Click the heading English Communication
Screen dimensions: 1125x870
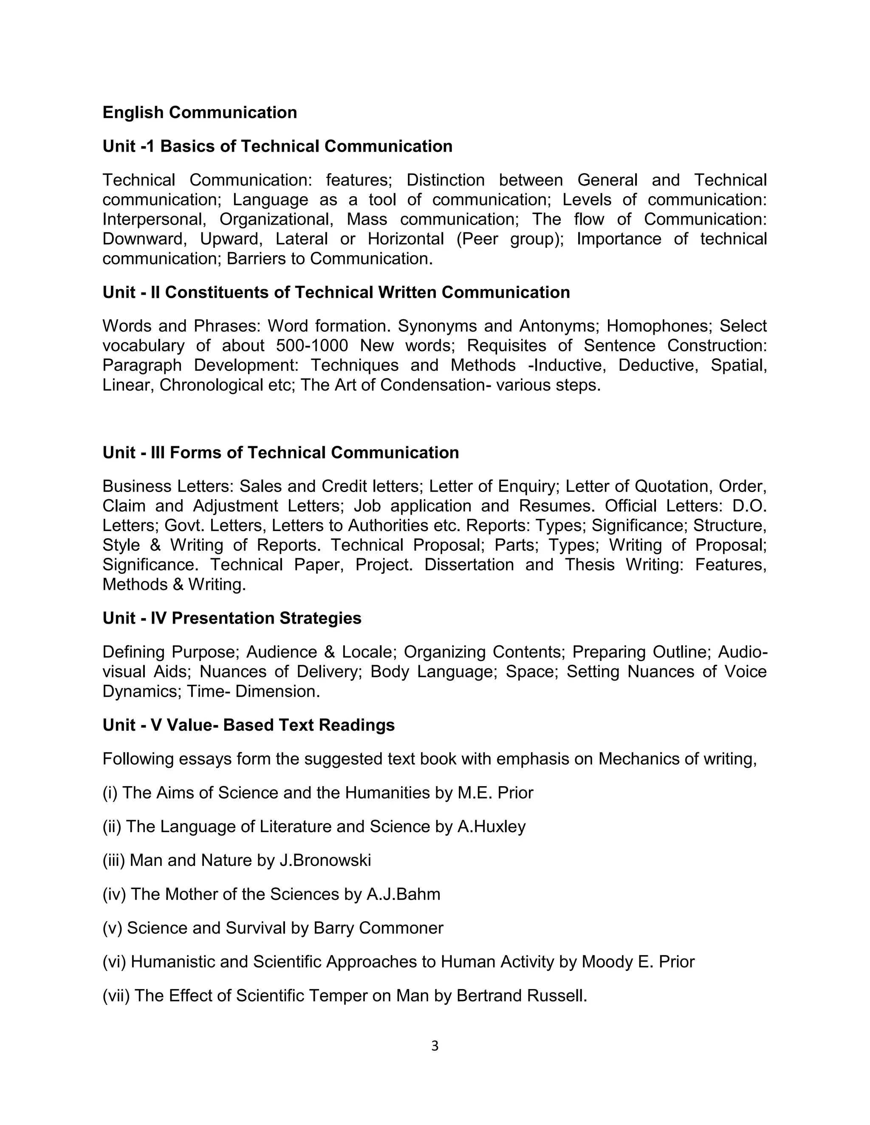tap(200, 112)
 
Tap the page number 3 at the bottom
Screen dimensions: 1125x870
tap(435, 1046)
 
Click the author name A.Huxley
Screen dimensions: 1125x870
tap(491, 827)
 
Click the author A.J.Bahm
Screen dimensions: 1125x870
tap(403, 894)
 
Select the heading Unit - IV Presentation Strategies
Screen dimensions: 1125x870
tap(232, 618)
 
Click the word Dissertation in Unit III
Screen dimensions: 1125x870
tap(469, 565)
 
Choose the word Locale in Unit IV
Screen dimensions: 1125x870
tap(368, 652)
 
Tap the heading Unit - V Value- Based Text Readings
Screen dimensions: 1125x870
tap(249, 725)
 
